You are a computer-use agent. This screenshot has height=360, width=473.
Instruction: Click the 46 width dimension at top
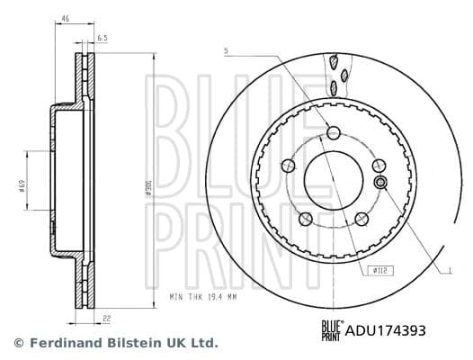64,18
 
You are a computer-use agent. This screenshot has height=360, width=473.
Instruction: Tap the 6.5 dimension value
103,39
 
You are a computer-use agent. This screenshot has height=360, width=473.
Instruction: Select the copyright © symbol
18,343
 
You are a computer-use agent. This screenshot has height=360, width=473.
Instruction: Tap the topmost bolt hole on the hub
334,133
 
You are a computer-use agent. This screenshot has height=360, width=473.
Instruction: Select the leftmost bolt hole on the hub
288,166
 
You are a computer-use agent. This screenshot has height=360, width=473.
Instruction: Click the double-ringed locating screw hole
379,184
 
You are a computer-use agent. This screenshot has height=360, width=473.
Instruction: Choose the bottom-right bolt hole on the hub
361,219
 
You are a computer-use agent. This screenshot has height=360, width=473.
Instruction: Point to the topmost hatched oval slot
334,62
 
